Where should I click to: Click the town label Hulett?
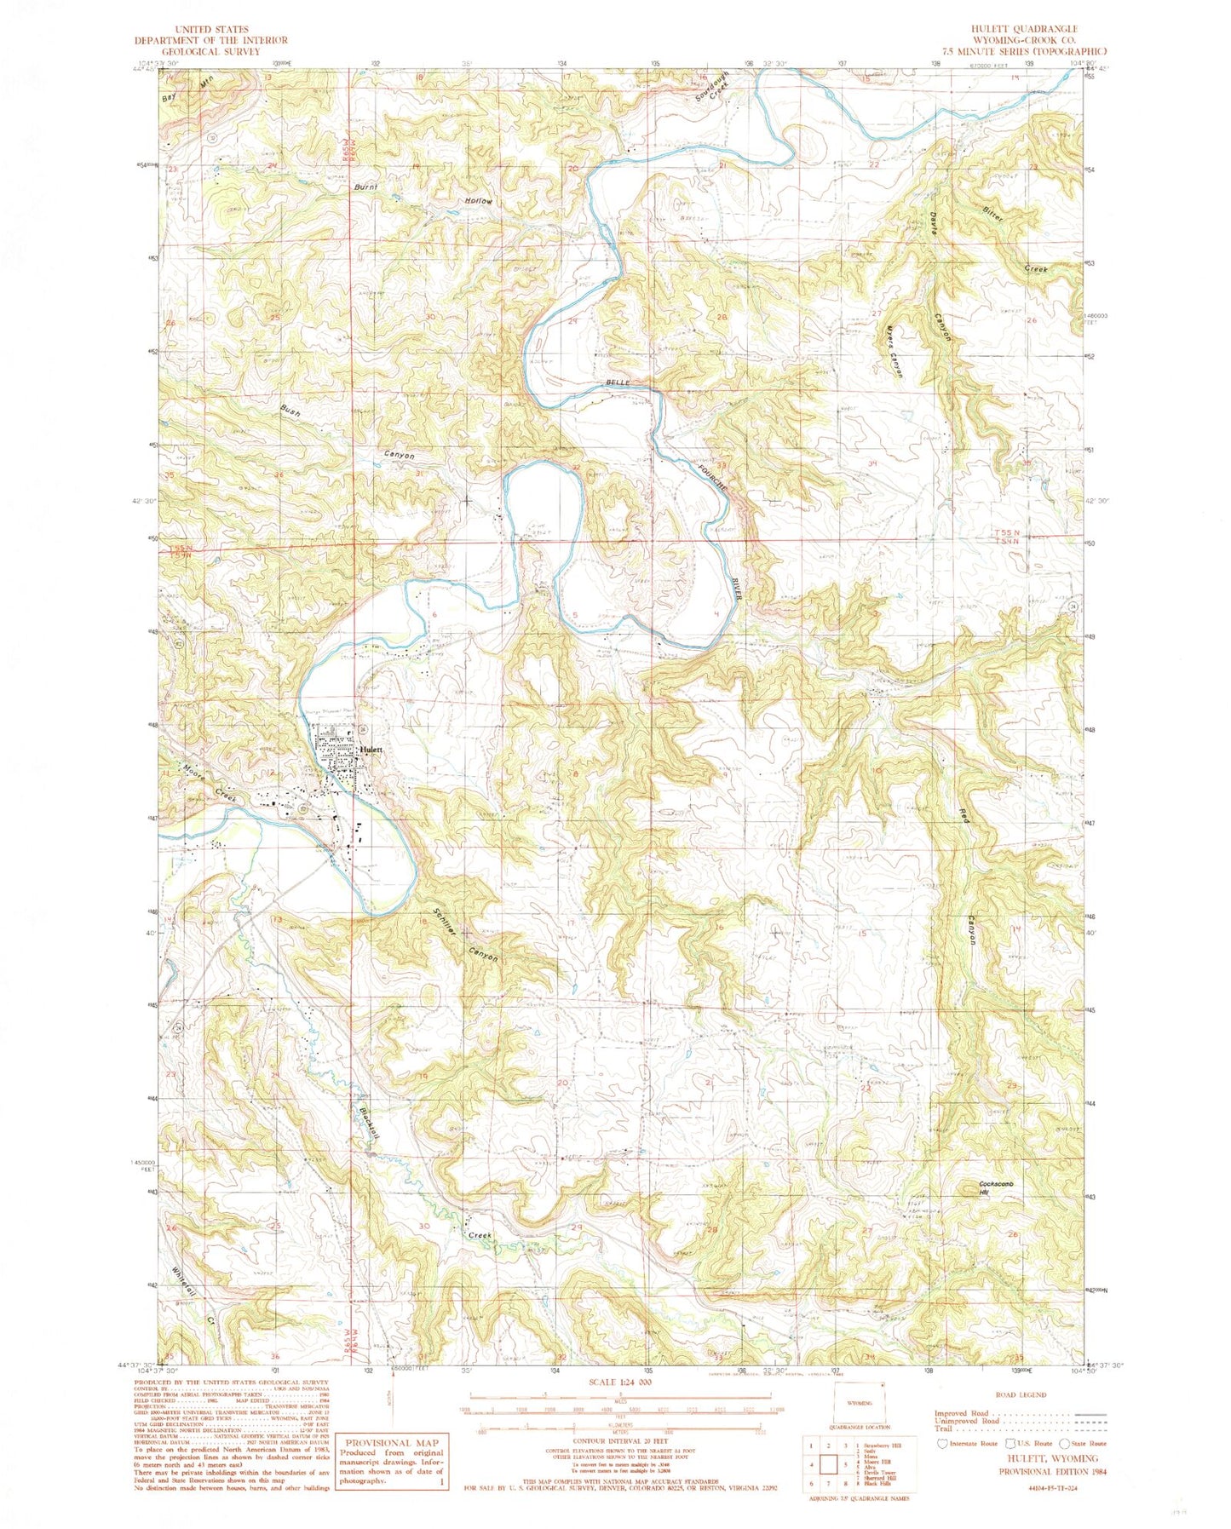372,750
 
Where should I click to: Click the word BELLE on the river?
618,383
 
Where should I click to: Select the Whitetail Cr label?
193,1296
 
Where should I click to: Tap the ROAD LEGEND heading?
1021,1394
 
